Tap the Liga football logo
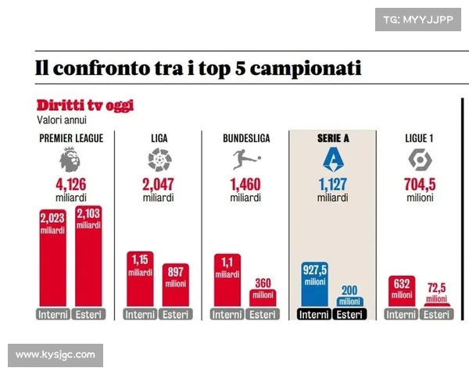coord(159,161)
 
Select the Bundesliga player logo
coord(245,161)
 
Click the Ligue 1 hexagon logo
coord(420,161)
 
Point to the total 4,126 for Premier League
coord(71,186)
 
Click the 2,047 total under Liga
coord(159,186)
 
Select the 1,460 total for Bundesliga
coord(245,186)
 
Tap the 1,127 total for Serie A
coord(332,186)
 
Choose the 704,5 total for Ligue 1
coord(420,186)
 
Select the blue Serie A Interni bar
coord(314,285)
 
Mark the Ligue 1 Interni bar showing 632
coord(401,291)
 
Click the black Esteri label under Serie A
coord(349,315)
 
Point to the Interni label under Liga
coord(140,315)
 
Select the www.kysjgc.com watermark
coord(55,355)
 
